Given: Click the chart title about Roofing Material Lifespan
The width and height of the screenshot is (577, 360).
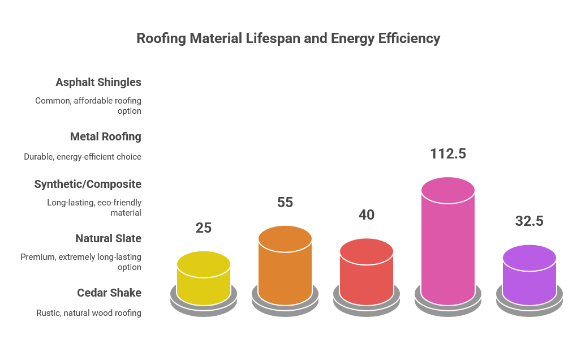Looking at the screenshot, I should pyautogui.click(x=288, y=38).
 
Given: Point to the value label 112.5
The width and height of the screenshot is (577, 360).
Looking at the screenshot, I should pyautogui.click(x=448, y=153).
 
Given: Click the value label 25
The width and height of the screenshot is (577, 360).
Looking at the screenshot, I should pyautogui.click(x=204, y=228).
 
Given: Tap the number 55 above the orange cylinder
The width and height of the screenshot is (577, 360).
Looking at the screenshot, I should pyautogui.click(x=285, y=202).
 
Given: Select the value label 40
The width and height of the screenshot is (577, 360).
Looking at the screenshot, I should pyautogui.click(x=367, y=215).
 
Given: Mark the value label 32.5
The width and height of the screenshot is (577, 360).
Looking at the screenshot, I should pyautogui.click(x=529, y=221).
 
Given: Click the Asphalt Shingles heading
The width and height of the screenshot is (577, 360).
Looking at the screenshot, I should pyautogui.click(x=98, y=82).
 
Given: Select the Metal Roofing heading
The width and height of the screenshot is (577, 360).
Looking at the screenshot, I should pyautogui.click(x=106, y=136).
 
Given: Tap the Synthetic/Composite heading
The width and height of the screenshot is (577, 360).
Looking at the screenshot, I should pyautogui.click(x=88, y=184).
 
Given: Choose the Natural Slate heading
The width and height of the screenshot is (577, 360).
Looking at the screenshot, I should pyautogui.click(x=108, y=238).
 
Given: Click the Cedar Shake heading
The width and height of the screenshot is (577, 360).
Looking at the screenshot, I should pyautogui.click(x=109, y=293).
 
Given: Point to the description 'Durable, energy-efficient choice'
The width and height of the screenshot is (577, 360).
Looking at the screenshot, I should pyautogui.click(x=83, y=157).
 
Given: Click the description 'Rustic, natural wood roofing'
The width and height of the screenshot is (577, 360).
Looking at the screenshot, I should pyautogui.click(x=89, y=312).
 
